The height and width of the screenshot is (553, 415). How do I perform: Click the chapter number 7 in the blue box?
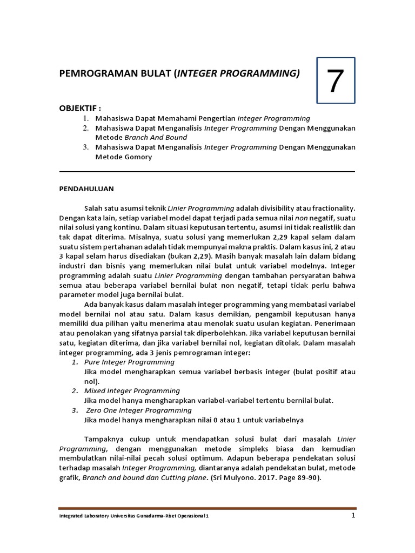click(x=335, y=82)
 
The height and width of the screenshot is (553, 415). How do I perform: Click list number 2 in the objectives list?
click(x=85, y=128)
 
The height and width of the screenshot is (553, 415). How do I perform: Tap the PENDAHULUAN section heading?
click(x=86, y=189)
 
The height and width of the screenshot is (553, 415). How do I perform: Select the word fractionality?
click(x=332, y=208)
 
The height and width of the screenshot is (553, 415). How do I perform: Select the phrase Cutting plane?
click(x=169, y=478)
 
